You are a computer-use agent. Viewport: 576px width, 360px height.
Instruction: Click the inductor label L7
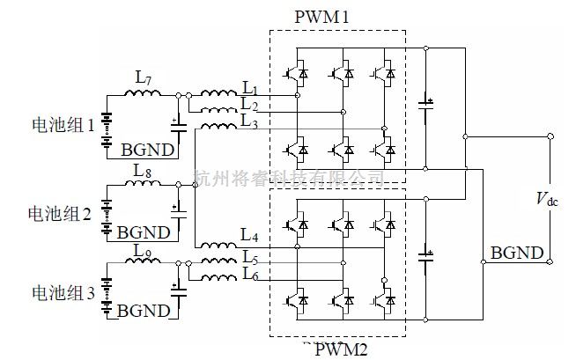(144, 77)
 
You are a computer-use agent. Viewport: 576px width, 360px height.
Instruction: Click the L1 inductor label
(250, 88)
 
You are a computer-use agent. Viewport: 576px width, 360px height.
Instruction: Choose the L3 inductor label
(250, 121)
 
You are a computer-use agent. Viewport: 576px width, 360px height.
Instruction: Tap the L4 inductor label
(250, 235)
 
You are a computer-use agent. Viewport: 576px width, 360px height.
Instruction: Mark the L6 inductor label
(250, 276)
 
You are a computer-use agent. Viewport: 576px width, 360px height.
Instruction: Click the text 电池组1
(62, 126)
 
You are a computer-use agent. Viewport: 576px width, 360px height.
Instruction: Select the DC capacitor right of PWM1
(426, 110)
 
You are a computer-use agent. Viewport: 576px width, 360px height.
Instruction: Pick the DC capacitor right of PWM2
(426, 260)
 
